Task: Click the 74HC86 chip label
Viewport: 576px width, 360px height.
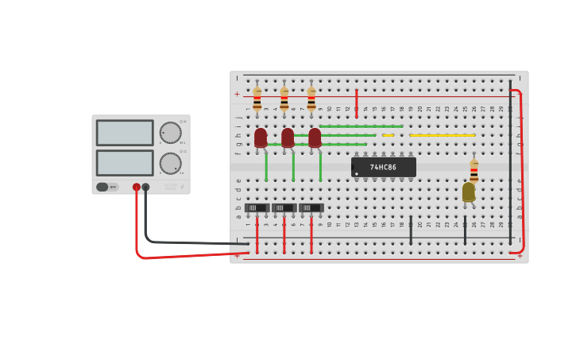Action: tap(384, 167)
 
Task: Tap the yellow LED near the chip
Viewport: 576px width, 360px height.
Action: tap(469, 192)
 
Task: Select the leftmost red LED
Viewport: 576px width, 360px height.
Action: tap(261, 137)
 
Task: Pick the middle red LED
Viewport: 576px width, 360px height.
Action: tap(288, 137)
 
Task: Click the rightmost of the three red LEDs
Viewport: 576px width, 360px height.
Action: tap(315, 137)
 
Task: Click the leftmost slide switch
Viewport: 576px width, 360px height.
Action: tap(257, 207)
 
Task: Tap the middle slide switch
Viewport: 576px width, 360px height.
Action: tap(284, 207)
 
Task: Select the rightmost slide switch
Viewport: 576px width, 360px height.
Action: tap(311, 207)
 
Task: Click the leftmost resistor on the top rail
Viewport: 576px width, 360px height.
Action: tap(257, 99)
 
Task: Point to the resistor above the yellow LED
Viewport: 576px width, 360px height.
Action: tap(474, 171)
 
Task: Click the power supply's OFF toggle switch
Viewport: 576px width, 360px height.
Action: tap(103, 187)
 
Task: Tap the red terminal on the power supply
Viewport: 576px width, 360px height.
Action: tap(137, 187)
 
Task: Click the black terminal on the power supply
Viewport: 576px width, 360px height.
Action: tap(145, 187)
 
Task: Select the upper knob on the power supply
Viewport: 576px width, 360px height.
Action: tap(170, 133)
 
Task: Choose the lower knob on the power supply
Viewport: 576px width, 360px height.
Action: tap(170, 163)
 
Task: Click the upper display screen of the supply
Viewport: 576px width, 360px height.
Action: tap(125, 133)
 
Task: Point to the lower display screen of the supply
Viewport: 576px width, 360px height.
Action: tap(125, 162)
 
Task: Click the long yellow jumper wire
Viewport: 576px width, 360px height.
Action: tap(442, 135)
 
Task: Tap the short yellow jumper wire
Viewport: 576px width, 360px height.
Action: tap(388, 135)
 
